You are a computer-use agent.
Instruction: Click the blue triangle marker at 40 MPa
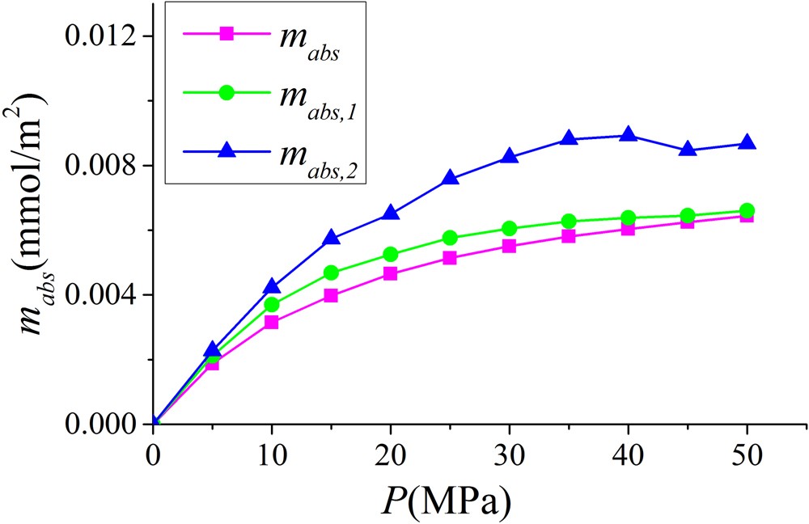[x=628, y=135]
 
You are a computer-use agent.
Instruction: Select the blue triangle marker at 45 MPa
[x=688, y=150]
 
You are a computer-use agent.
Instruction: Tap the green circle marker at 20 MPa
[x=391, y=254]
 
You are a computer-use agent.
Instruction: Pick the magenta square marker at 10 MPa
[x=272, y=322]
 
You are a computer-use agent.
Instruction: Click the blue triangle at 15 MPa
[x=332, y=238]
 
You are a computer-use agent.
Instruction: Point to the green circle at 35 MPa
[x=569, y=222]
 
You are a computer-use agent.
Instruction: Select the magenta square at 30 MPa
[x=510, y=246]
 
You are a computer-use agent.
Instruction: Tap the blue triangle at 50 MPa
[x=747, y=143]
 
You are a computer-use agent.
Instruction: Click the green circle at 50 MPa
[x=747, y=211]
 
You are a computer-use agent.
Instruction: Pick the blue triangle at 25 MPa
[x=450, y=179]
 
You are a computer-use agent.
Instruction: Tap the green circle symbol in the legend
[x=227, y=92]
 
